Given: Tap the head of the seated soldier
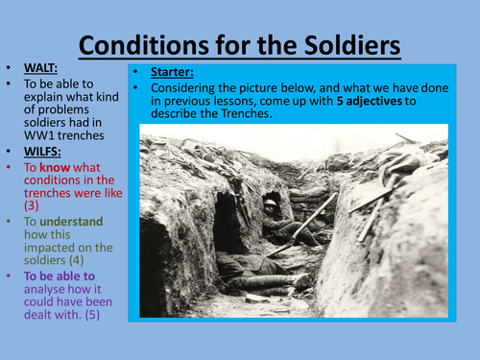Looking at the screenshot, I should click(272, 205).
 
